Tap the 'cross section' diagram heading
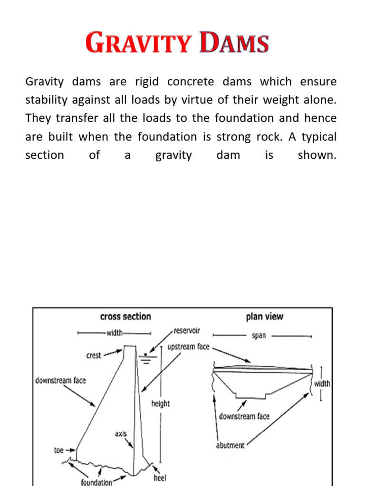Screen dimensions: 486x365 click(125, 317)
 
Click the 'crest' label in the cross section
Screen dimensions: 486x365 click(94, 355)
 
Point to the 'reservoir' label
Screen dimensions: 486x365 click(187, 330)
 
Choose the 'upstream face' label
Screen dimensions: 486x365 click(188, 346)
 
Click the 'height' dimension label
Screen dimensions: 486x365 click(161, 403)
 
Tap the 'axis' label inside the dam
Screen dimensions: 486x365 click(121, 433)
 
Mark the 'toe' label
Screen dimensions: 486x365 click(58, 450)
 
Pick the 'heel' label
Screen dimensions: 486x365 click(160, 477)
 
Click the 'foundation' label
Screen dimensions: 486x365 click(96, 482)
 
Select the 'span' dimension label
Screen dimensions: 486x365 click(259, 335)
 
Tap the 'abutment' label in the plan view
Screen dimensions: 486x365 click(231, 445)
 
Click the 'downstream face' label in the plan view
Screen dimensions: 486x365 click(244, 416)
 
